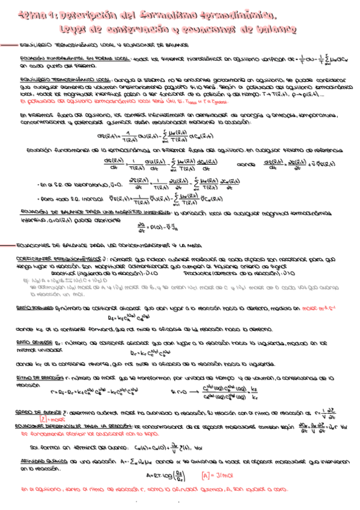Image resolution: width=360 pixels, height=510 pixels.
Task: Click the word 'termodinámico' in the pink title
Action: (237, 14)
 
